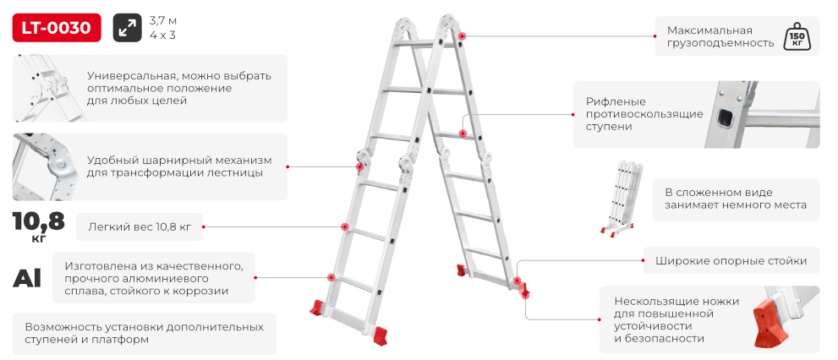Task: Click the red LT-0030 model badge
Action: pyautogui.click(x=57, y=28)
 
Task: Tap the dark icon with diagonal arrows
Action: pyautogui.click(x=127, y=28)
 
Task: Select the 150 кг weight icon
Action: pyautogui.click(x=795, y=36)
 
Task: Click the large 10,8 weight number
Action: pyautogui.click(x=39, y=221)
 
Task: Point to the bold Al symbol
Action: pyautogui.click(x=26, y=278)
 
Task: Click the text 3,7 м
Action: pyautogui.click(x=163, y=21)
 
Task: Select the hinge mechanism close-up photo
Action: pyautogui.click(x=46, y=166)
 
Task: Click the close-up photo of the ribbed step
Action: pyautogui.click(x=764, y=114)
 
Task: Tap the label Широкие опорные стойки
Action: pyautogui.click(x=731, y=261)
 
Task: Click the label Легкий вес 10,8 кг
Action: pyautogui.click(x=140, y=227)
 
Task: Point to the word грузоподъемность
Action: pyautogui.click(x=720, y=44)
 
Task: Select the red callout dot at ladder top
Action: pyautogui.click(x=462, y=35)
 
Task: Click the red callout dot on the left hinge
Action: pyautogui.click(x=361, y=166)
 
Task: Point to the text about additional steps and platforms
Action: pyautogui.click(x=145, y=333)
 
